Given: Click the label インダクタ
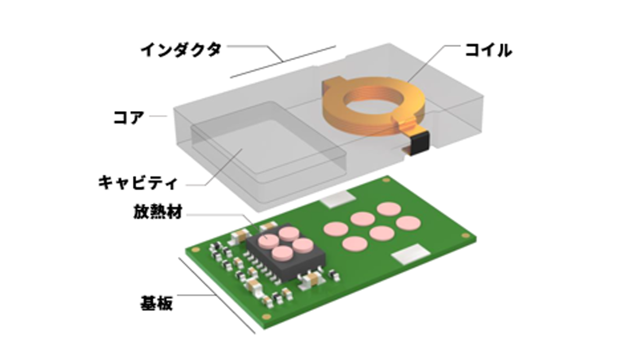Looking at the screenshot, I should pyautogui.click(x=181, y=50).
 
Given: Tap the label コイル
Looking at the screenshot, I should pyautogui.click(x=488, y=50).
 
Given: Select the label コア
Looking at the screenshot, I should pyautogui.click(x=129, y=118).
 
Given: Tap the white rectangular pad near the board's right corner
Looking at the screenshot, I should pyautogui.click(x=410, y=253).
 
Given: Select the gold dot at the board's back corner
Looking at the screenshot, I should pyautogui.click(x=386, y=181).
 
